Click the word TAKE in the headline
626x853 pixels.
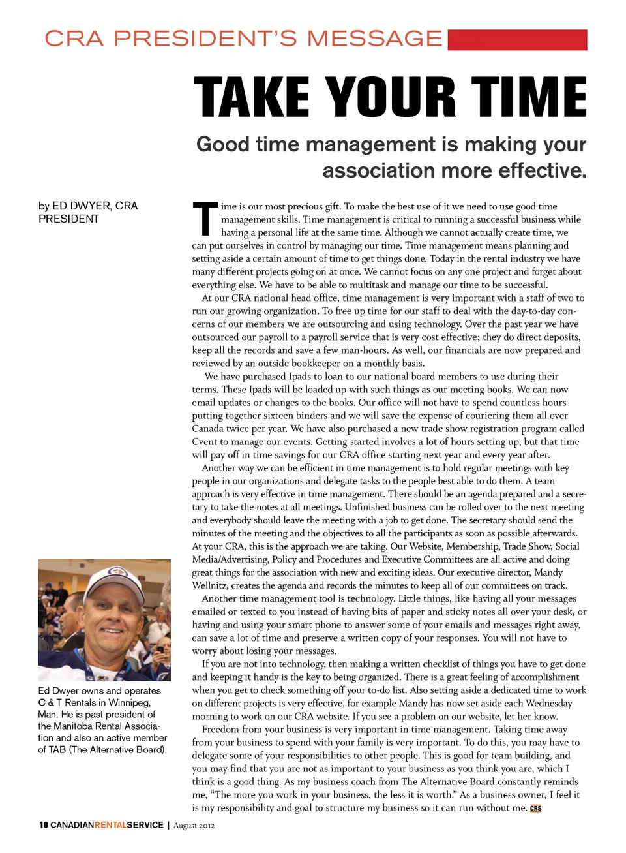[252, 97]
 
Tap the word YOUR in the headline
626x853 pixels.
[391, 97]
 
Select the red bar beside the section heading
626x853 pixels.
[517, 40]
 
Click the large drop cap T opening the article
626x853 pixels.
[204, 219]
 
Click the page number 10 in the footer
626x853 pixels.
[43, 825]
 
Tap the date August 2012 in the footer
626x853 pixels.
[194, 826]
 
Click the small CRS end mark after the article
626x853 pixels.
[535, 808]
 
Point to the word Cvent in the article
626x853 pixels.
[205, 442]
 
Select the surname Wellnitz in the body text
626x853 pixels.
[210, 585]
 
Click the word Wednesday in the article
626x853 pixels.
[545, 704]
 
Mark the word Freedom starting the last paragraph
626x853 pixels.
[221, 730]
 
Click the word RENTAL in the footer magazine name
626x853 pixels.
[111, 825]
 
